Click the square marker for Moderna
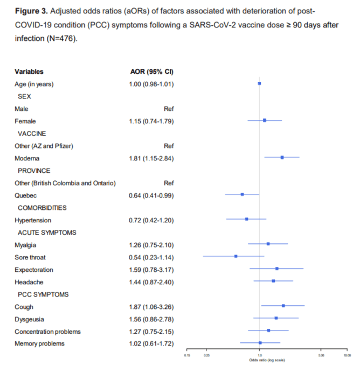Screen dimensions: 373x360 click(282, 158)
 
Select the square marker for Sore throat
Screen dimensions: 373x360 click(236, 256)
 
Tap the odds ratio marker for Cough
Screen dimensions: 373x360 click(283, 306)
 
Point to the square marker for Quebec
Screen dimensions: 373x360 click(242, 194)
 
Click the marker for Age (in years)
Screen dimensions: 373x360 click(259, 83)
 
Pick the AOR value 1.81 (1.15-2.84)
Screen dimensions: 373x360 click(151, 158)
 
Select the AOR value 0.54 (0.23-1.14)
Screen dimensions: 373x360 click(151, 257)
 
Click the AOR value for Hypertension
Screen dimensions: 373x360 click(151, 220)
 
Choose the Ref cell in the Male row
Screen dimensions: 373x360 click(169, 109)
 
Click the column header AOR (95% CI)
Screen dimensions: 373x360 click(151, 71)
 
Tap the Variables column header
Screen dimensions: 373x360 click(29, 71)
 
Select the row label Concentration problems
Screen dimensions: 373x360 click(48, 331)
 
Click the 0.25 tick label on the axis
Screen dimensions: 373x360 click(206, 355)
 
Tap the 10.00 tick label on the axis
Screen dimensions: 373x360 click(347, 355)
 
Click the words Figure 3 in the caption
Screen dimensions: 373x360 click(31, 11)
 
